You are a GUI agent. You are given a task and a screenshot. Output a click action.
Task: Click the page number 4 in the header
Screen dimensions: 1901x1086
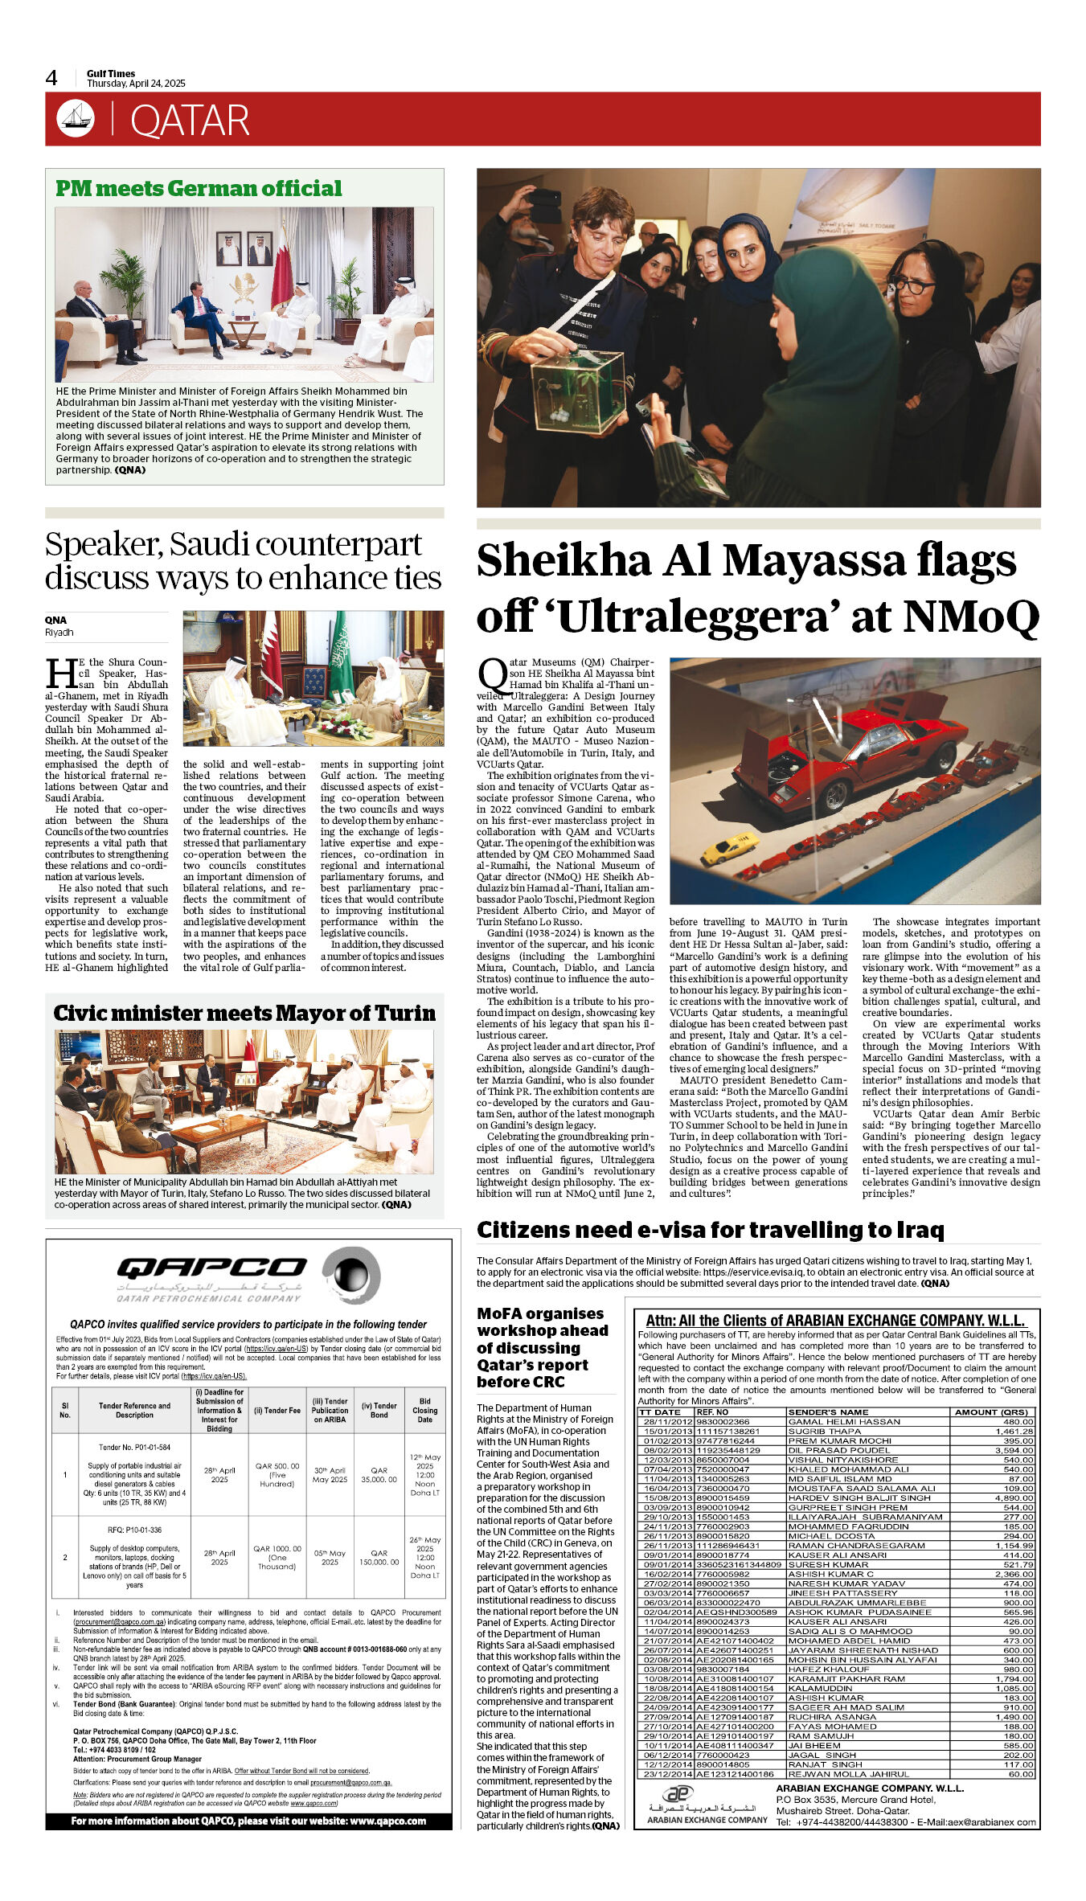(x=51, y=78)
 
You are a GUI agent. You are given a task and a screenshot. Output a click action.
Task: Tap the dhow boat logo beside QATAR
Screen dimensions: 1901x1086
(x=76, y=118)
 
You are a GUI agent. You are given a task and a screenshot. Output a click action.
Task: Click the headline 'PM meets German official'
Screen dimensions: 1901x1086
(x=199, y=188)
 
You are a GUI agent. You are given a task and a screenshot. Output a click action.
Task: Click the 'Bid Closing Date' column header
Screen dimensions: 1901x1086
(x=424, y=1410)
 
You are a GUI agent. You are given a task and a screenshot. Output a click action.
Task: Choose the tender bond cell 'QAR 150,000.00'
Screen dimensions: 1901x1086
(x=379, y=1557)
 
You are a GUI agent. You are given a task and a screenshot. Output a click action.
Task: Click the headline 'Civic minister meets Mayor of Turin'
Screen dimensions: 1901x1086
(x=244, y=1013)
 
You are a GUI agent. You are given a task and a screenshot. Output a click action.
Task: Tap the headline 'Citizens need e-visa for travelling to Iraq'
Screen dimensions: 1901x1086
(x=710, y=1230)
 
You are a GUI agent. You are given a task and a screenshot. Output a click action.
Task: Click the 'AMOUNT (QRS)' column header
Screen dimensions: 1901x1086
(x=990, y=1412)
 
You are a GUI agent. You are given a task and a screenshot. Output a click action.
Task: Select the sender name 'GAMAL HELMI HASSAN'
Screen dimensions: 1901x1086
(x=833, y=1422)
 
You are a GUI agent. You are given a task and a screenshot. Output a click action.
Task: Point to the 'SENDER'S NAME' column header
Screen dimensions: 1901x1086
(x=828, y=1412)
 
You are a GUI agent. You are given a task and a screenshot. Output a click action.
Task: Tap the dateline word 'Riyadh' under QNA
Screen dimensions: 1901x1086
(x=59, y=633)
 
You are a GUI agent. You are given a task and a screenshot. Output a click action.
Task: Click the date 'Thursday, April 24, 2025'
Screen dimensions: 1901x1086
(x=136, y=84)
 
